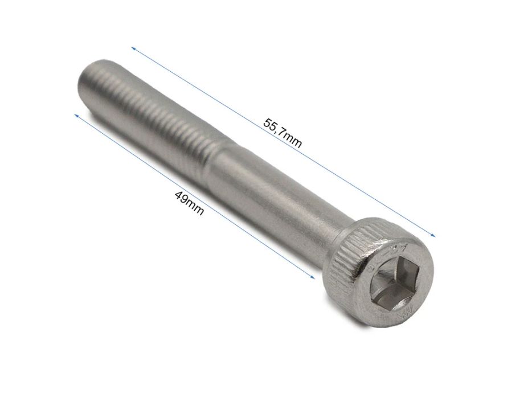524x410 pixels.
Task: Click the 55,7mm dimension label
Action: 283,133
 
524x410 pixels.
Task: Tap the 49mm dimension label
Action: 189,203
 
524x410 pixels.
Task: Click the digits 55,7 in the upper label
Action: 274,126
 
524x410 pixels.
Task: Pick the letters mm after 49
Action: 195,209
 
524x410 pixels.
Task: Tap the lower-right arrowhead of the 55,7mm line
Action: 433,235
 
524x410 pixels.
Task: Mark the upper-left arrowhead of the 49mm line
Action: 76,115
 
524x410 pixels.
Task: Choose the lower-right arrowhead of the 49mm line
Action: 313,276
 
